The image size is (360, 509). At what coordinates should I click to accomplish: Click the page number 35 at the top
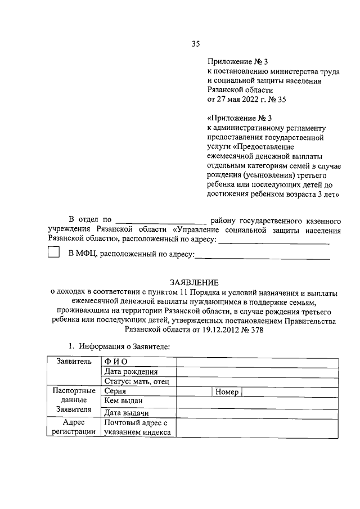196,43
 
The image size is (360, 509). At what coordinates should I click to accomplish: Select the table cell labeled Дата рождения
131,372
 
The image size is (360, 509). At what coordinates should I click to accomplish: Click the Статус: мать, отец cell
137,382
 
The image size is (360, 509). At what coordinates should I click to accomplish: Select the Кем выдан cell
124,401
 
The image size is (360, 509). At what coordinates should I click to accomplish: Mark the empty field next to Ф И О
257,362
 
